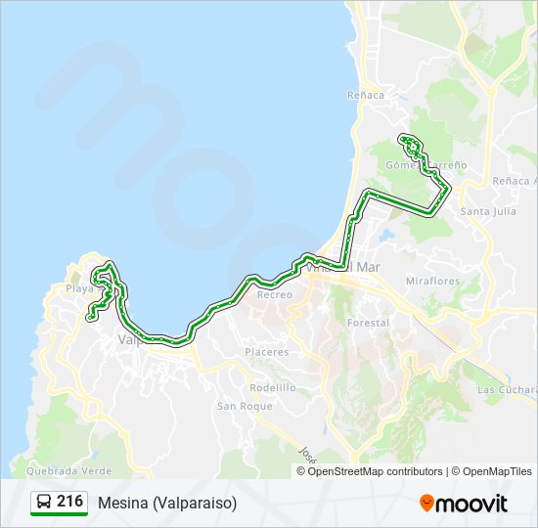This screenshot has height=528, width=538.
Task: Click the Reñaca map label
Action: pos(365,95)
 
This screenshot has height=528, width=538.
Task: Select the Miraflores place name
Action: pos(432,282)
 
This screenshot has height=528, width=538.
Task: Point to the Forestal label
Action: pos(368,323)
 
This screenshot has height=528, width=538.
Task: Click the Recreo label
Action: pos(274,294)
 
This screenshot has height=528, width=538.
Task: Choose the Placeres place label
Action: pos(266,352)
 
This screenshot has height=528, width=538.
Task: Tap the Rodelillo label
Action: pos(272,387)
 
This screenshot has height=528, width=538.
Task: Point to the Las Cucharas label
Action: pos(507,389)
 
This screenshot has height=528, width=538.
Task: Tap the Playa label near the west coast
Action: pos(78,289)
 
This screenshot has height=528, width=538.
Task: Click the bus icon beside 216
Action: pos(44,503)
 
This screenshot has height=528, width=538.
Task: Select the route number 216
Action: pos(69,502)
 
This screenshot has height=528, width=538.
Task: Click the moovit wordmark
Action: pos(472,503)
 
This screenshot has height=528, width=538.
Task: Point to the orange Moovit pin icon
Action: pos(426,503)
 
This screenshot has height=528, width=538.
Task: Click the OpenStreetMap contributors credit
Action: pos(376,471)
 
